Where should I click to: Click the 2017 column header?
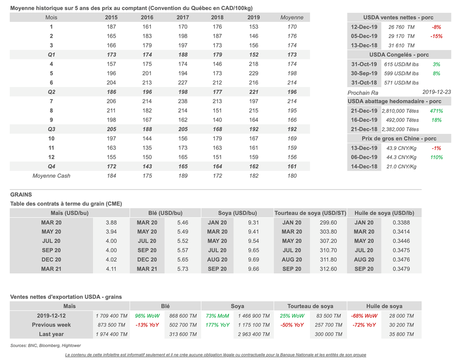[x=182, y=17]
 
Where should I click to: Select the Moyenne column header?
[x=292, y=17]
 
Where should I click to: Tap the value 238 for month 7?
[x=182, y=101]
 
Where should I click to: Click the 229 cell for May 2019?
[x=254, y=74]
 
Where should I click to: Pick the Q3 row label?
[x=51, y=129]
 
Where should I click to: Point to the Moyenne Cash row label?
[x=51, y=176]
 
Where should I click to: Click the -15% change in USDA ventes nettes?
[x=436, y=36]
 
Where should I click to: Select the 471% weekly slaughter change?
[x=436, y=111]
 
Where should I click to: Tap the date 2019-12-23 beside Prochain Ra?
[x=436, y=92]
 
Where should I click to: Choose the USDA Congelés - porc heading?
[x=399, y=55]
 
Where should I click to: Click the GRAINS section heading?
[x=21, y=195]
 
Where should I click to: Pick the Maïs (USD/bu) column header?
[x=69, y=213]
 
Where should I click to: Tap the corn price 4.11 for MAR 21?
[x=111, y=269]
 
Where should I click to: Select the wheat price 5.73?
[x=182, y=269]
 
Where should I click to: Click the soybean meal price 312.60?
[x=328, y=269]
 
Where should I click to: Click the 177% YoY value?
[x=218, y=325]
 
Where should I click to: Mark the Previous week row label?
[x=51, y=325]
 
